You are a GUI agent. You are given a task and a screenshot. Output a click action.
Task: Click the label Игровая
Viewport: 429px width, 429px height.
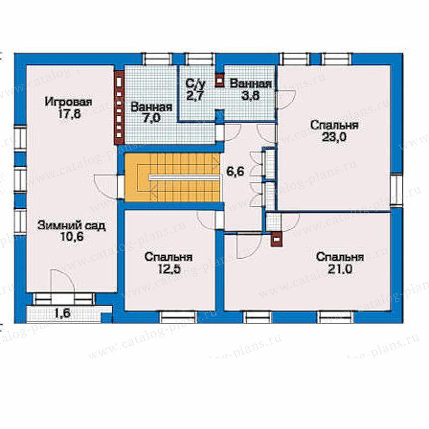click(68, 102)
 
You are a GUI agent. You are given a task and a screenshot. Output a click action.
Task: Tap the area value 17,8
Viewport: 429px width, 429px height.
click(69, 114)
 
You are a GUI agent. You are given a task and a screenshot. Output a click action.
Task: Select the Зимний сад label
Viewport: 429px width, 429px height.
click(71, 226)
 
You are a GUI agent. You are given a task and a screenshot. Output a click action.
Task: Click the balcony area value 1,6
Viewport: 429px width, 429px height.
click(62, 313)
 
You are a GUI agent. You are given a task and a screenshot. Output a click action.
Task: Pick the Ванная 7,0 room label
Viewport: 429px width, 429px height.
click(152, 112)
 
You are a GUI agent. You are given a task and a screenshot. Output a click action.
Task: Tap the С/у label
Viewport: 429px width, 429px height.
click(195, 84)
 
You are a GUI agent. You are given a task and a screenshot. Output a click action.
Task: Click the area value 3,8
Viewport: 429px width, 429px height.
click(250, 95)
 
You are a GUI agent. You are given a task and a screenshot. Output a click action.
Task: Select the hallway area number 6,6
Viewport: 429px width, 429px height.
click(235, 172)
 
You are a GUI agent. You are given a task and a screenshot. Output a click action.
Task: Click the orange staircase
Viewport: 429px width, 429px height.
click(173, 177)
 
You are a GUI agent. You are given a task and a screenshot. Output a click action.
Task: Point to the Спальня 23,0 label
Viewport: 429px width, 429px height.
click(334, 131)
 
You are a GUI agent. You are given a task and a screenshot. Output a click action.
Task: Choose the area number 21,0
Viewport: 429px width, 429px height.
click(340, 269)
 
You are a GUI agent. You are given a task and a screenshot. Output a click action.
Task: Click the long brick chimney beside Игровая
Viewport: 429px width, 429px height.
click(119, 108)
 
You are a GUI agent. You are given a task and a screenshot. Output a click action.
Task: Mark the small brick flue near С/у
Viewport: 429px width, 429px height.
click(220, 80)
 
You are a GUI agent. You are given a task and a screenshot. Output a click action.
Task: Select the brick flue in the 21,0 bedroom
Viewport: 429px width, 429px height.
click(276, 240)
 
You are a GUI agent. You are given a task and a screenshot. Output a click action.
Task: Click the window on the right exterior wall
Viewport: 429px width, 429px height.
click(396, 190)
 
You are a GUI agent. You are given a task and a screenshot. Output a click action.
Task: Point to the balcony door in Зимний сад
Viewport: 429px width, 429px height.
click(63, 282)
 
